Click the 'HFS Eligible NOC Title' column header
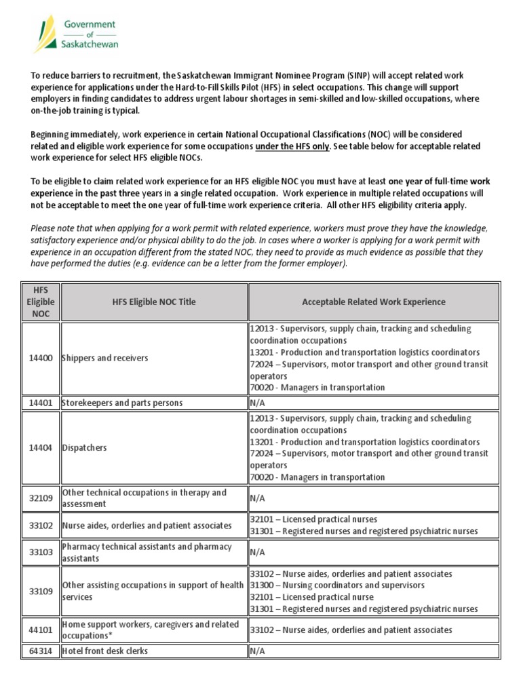tap(154, 302)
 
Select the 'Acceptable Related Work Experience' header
tap(373, 302)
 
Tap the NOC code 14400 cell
tap(40, 358)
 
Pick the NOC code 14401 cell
tap(40, 403)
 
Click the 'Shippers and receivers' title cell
tap(104, 358)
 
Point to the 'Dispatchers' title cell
tap(84, 448)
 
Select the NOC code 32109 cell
tap(40, 499)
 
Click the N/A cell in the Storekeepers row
tap(257, 403)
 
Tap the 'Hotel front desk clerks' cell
tap(104, 651)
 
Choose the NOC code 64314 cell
tap(40, 651)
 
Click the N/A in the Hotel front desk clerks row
tap(257, 651)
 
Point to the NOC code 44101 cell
tap(40, 630)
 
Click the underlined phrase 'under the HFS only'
tap(292, 146)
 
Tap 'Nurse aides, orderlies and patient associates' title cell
tap(147, 525)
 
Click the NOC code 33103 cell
tap(40, 552)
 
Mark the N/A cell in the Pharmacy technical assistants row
tap(257, 552)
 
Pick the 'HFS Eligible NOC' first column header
tap(40, 302)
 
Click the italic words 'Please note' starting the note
tap(52, 229)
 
